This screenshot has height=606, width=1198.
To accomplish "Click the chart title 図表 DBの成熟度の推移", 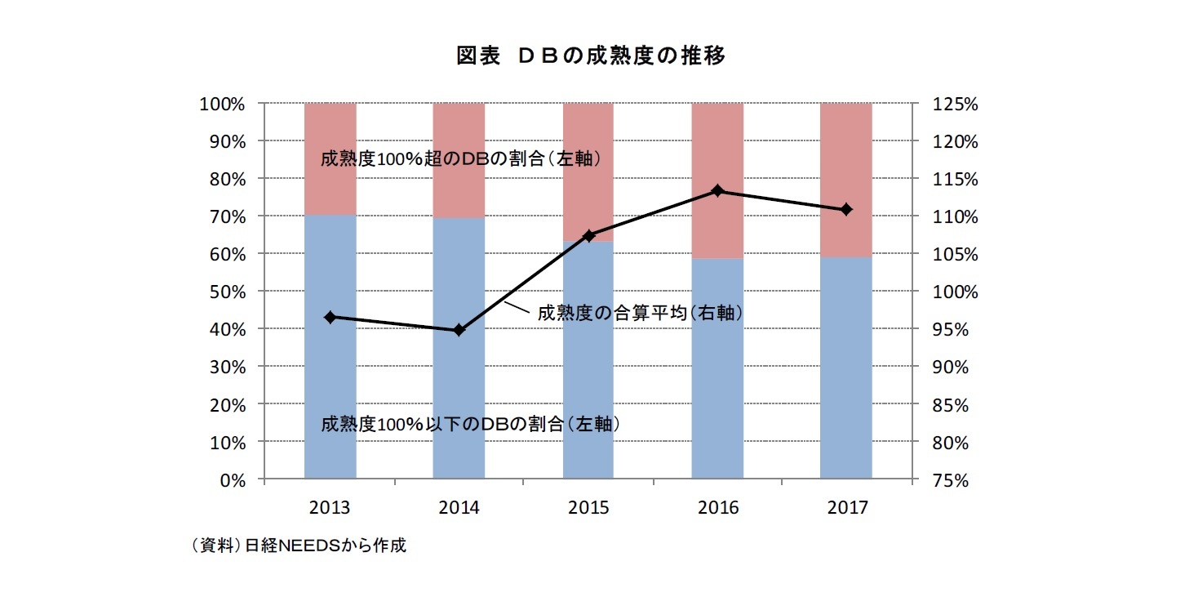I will pyautogui.click(x=591, y=56).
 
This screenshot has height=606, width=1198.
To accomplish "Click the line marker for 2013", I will pyautogui.click(x=331, y=317).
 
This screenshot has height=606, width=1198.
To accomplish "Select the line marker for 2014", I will pyautogui.click(x=459, y=330).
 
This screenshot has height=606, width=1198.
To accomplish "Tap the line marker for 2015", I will pyautogui.click(x=588, y=235).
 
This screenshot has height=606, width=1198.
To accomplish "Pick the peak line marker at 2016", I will pyautogui.click(x=717, y=190).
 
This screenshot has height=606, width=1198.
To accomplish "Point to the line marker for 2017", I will pyautogui.click(x=846, y=209).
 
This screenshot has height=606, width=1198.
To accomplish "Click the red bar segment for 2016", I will pyautogui.click(x=717, y=147).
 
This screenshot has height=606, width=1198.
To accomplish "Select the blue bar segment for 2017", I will pyautogui.click(x=846, y=368).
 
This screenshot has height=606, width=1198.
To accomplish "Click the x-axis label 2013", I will pyautogui.click(x=331, y=507).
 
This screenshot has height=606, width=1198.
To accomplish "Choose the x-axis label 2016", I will pyautogui.click(x=717, y=507).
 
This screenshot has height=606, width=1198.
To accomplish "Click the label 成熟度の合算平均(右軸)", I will pyautogui.click(x=640, y=313).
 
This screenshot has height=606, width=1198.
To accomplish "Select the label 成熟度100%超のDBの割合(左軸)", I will pyautogui.click(x=461, y=159).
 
